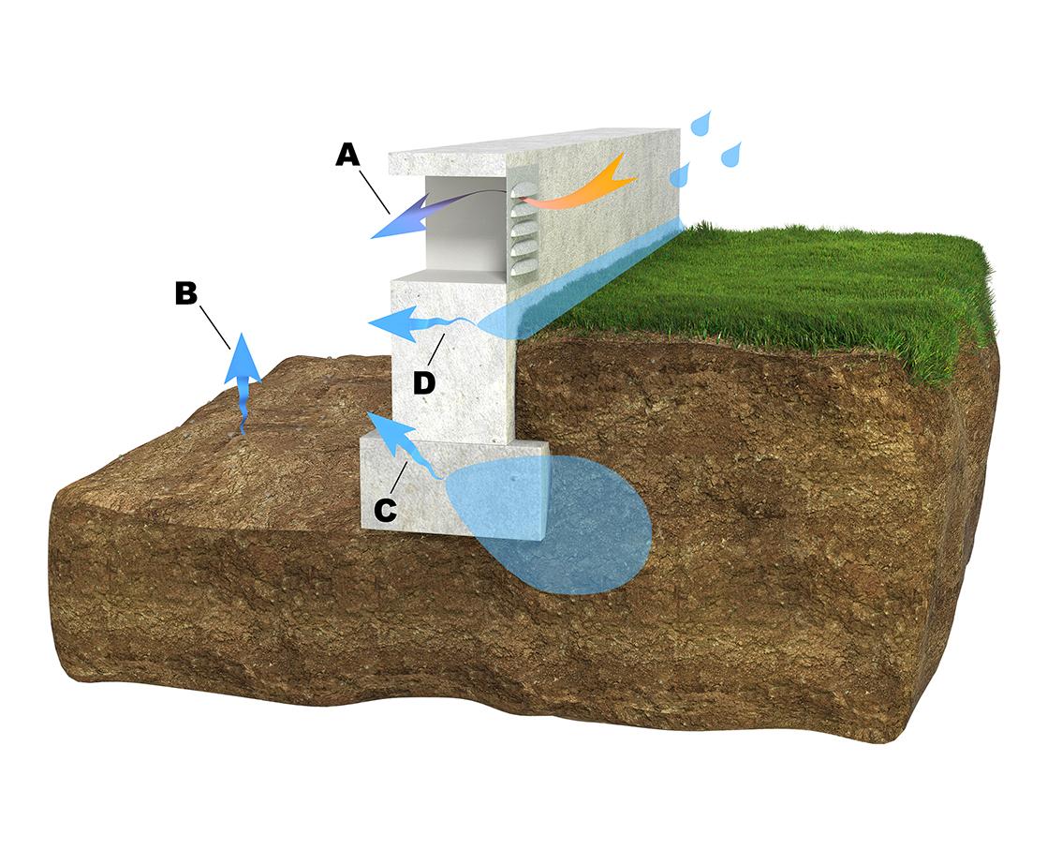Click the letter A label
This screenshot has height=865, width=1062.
[x=348, y=156]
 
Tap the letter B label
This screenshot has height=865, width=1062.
[x=186, y=293]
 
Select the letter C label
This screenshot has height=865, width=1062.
[x=386, y=511]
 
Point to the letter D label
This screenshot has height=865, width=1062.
[x=424, y=383]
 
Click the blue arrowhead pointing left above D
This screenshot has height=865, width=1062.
[x=391, y=322]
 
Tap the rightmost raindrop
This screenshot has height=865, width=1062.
[x=730, y=155]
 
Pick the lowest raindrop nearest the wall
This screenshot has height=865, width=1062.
[x=679, y=175]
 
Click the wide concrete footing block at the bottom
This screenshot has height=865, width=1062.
[x=452, y=485]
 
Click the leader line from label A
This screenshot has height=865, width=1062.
[x=374, y=191]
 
